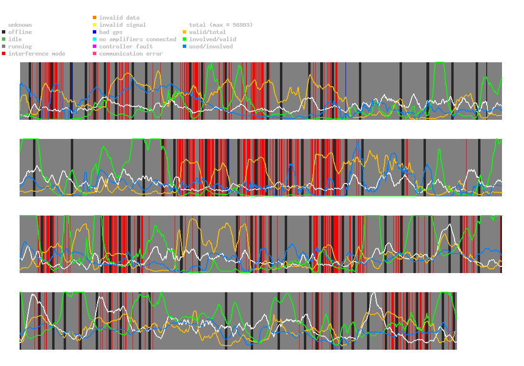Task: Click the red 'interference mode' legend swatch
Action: tap(4, 54)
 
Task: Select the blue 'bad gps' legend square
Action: tap(95, 32)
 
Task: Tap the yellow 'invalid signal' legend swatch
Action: tap(95, 25)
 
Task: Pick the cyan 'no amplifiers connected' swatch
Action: tap(95, 39)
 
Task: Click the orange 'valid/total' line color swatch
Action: tap(185, 32)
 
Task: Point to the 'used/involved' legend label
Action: tap(211, 46)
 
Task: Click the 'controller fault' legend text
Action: tap(126, 46)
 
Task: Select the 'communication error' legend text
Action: tap(131, 54)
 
